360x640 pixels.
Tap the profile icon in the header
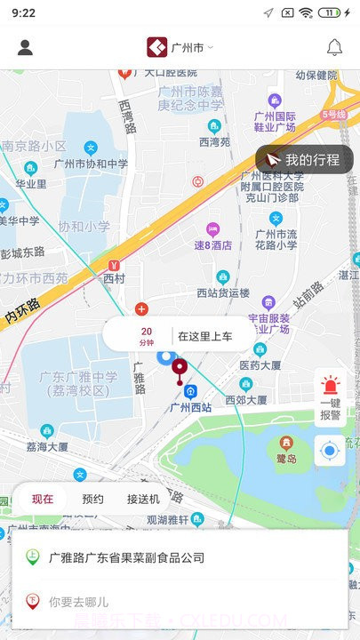pyautogui.click(x=25, y=48)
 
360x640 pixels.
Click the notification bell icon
pyautogui.click(x=335, y=48)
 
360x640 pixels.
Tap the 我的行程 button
pyautogui.click(x=304, y=160)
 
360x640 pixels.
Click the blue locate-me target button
pyautogui.click(x=330, y=452)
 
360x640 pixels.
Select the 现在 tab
pyautogui.click(x=43, y=499)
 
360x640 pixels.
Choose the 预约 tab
pyautogui.click(x=92, y=499)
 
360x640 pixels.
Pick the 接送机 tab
pyautogui.click(x=143, y=499)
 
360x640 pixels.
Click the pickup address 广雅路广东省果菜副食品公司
pyautogui.click(x=126, y=557)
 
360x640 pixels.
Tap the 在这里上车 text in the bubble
pyautogui.click(x=204, y=336)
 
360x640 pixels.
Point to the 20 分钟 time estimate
pyautogui.click(x=146, y=336)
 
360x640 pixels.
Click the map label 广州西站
pyautogui.click(x=190, y=407)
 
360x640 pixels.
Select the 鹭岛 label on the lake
pyautogui.click(x=286, y=457)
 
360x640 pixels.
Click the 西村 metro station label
pyautogui.click(x=115, y=277)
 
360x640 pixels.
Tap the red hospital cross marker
pyautogui.click(x=140, y=308)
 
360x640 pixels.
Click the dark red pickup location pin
pyautogui.click(x=180, y=368)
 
